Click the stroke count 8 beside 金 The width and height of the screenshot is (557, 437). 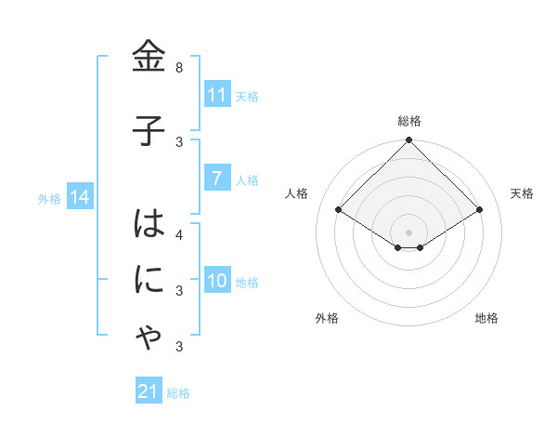pos(179,68)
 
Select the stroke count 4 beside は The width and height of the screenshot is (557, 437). pos(179,234)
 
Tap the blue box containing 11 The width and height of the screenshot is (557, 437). pos(216,95)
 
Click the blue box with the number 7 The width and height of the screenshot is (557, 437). pos(216,179)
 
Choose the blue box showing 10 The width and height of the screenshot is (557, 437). pos(216,281)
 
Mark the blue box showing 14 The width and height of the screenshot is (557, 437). pos(79,197)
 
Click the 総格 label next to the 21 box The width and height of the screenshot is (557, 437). pos(178,393)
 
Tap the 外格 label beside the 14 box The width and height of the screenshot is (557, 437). pos(49,198)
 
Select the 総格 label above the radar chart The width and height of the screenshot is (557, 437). pos(409,121)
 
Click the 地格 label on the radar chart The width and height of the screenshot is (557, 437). pos(486,318)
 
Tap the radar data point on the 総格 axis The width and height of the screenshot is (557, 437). pos(408,140)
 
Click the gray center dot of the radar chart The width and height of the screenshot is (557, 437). pos(408,232)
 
